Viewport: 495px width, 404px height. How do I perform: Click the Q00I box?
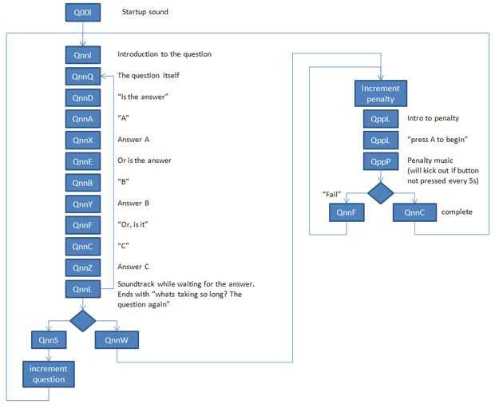(84, 13)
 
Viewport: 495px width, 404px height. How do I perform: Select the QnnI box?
(84, 55)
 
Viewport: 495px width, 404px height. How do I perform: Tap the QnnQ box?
(84, 77)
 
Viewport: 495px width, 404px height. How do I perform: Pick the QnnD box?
(84, 97)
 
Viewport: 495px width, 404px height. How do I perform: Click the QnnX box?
(84, 140)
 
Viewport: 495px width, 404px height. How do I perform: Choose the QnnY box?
(84, 203)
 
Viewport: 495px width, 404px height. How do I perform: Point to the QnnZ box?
(84, 267)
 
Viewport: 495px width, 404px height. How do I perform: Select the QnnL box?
(84, 288)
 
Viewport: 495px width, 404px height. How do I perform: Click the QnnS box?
(49, 340)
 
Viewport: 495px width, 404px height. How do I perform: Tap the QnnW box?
(117, 340)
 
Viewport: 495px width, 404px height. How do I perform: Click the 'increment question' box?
(49, 373)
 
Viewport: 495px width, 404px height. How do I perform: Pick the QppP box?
(381, 161)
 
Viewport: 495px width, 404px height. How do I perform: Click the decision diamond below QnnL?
(84, 319)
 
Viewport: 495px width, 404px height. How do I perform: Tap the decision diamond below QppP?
(381, 192)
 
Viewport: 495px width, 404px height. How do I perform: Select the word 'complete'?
(457, 212)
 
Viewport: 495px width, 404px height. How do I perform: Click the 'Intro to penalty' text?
(433, 119)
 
